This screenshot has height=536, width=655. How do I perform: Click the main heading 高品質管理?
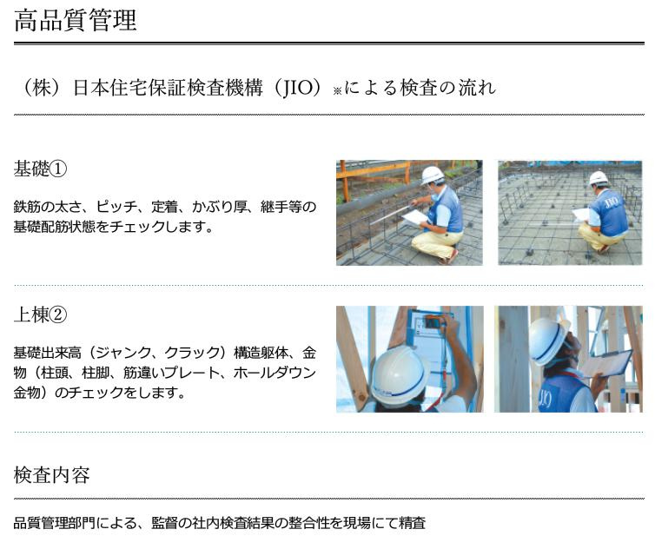pos(76,20)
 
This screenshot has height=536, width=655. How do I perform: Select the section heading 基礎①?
pos(40,168)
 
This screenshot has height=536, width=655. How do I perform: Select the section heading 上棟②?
pos(40,314)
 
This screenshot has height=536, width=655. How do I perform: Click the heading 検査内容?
pos(52,475)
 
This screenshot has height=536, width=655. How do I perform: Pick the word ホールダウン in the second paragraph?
pos(262,373)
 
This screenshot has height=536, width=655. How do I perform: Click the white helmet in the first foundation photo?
pos(432,175)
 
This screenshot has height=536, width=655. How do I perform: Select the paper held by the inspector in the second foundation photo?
pos(580,214)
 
